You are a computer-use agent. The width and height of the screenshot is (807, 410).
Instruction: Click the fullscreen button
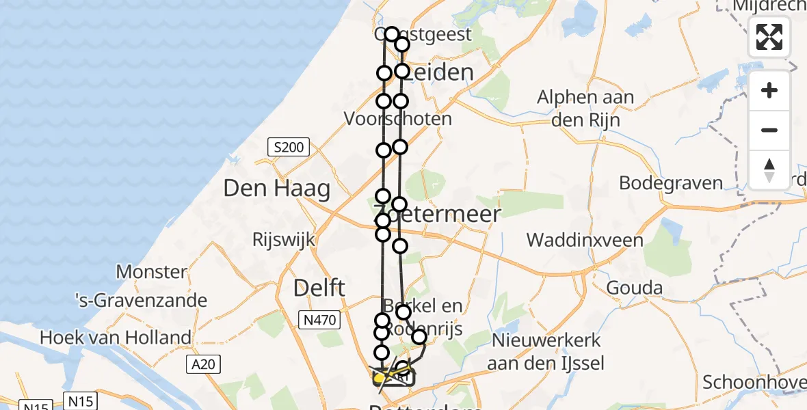[769, 36]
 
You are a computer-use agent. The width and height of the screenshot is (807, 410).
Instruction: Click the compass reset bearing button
[769, 169]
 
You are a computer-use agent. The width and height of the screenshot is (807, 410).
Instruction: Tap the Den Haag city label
[276, 189]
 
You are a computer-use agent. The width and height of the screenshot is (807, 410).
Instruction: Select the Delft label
[320, 288]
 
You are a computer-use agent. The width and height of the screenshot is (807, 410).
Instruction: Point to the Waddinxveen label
[585, 240]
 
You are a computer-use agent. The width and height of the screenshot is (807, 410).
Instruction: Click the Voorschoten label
[397, 119]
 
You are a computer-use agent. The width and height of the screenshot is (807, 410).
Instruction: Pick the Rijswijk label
[283, 239]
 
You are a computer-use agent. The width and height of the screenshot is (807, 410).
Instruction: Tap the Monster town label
[151, 271]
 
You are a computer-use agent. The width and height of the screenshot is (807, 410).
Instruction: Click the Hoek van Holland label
[116, 337]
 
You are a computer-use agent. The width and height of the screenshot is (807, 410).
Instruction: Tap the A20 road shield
[203, 364]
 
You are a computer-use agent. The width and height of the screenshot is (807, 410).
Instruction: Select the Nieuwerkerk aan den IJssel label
[545, 351]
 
